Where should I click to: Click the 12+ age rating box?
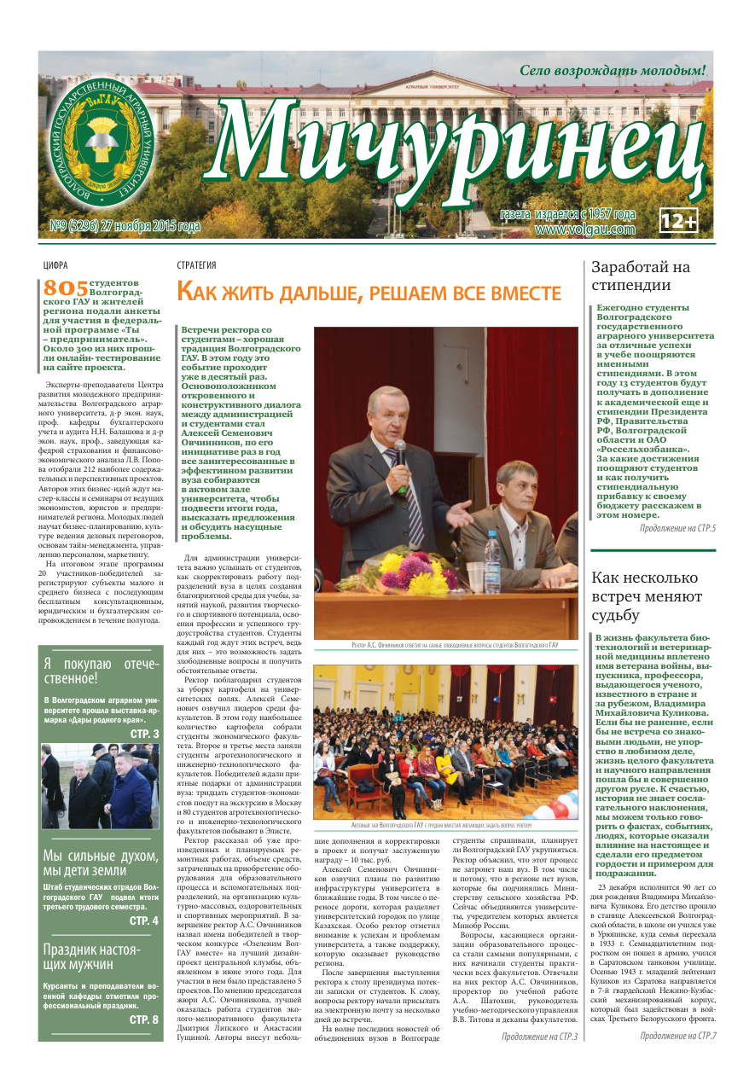(x=679, y=221)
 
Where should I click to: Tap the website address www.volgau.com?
(x=585, y=229)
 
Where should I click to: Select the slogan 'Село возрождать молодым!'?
(x=613, y=70)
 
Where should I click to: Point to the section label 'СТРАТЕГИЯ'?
(x=196, y=265)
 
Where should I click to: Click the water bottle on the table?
(x=491, y=559)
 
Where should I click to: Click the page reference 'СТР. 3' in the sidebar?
(x=144, y=733)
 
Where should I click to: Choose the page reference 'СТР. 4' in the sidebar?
(x=143, y=921)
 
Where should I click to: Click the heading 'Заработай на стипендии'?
(x=641, y=276)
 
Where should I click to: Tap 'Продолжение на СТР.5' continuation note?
(x=677, y=529)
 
